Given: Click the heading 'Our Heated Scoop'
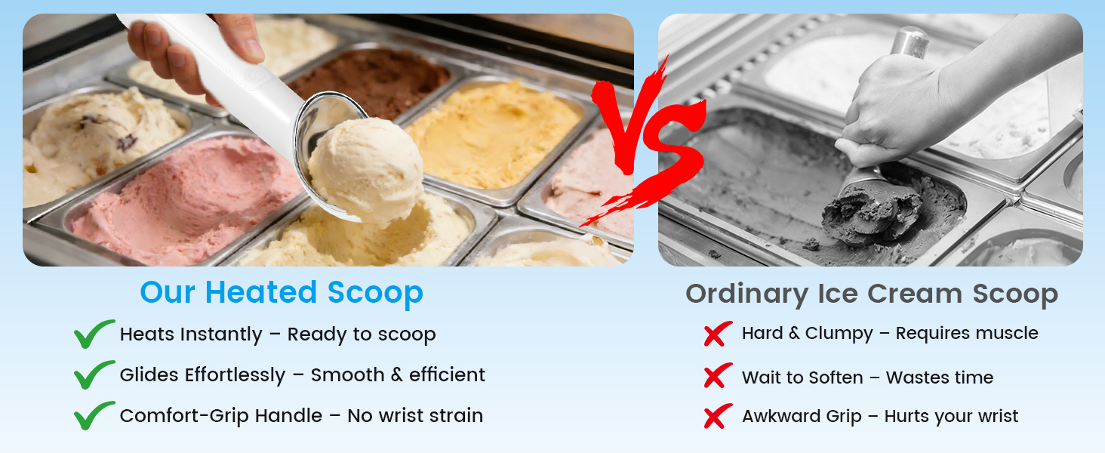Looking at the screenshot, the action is pos(282,292).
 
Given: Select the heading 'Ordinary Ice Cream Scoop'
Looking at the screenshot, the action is pos(872,294).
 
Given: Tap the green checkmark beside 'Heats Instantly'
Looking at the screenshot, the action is pos(94,334).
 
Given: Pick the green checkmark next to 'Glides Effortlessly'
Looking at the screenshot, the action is pos(94,374).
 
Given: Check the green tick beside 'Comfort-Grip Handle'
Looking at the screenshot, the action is pos(94,415).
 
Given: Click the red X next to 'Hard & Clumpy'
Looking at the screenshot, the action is pos(718,334).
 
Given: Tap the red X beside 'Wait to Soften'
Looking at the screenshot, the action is pos(718,375).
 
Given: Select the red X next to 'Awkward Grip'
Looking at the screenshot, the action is pos(718,416).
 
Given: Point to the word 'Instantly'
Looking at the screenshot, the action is pos(221,334).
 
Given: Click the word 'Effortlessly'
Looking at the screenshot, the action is pos(235,375).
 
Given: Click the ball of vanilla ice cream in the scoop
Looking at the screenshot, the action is pos(366,170).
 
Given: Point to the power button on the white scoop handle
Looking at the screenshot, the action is pos(256,74).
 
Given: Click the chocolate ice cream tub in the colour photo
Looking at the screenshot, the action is pos(370,82).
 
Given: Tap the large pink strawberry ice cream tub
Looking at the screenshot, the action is pos(187,197).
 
